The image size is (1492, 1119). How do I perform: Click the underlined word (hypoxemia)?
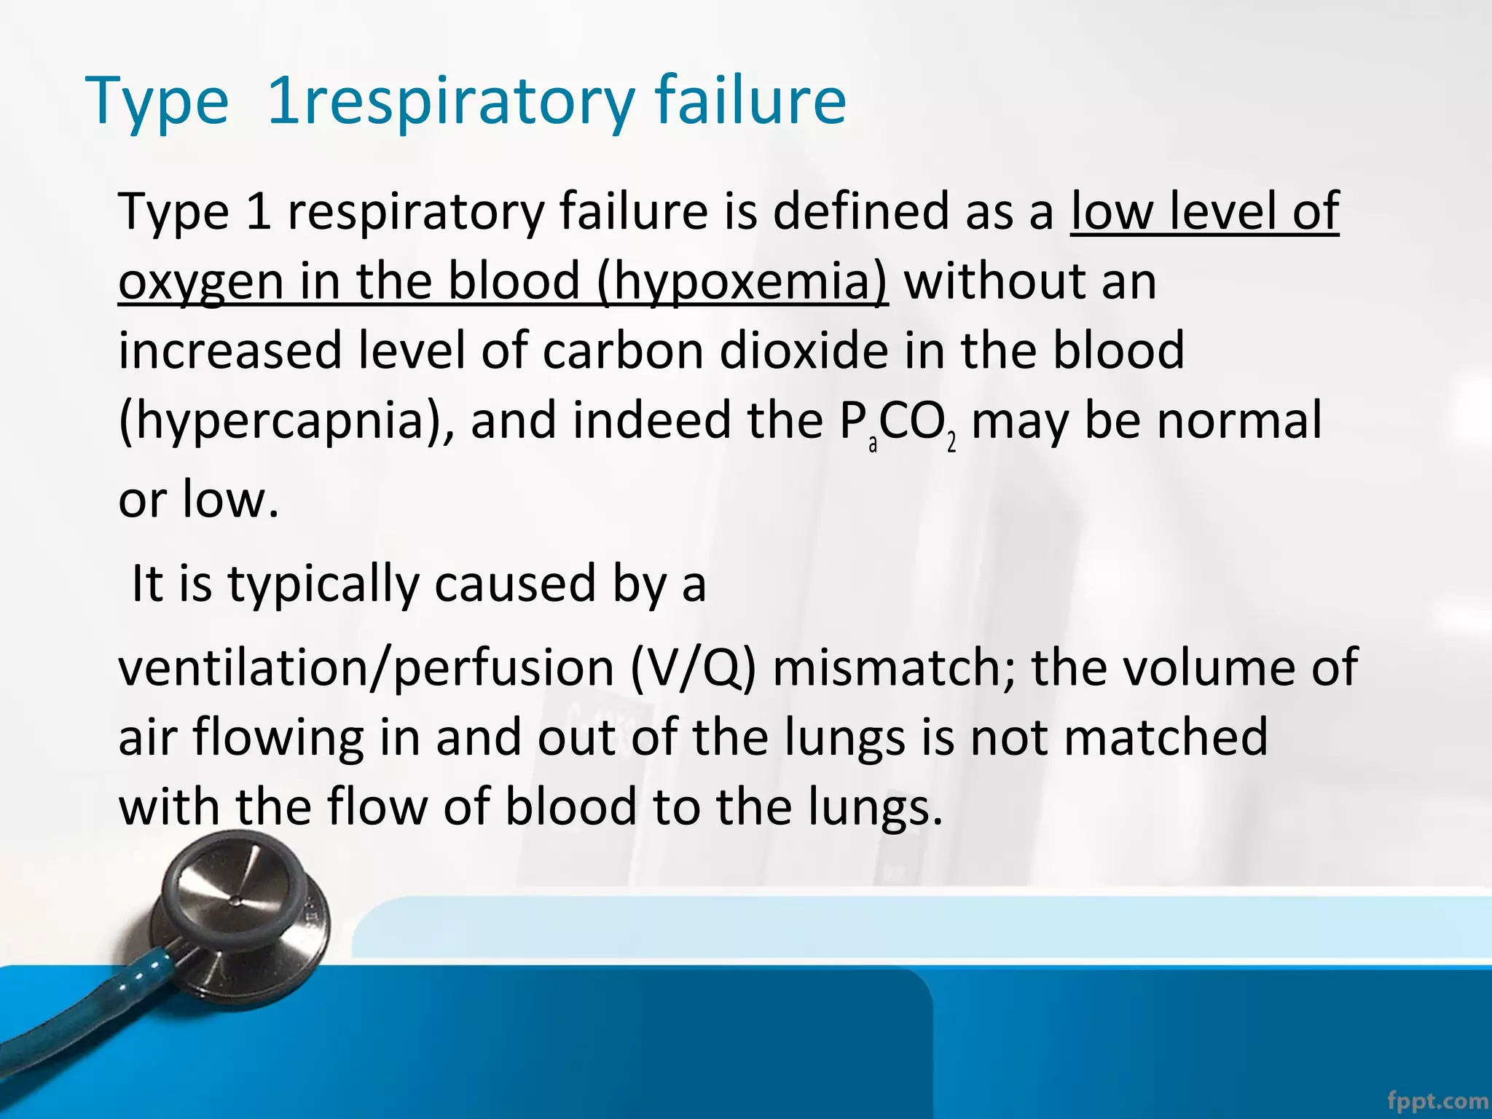(x=742, y=282)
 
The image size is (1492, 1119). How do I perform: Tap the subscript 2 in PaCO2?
(x=951, y=443)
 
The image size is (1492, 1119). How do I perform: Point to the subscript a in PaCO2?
(x=873, y=444)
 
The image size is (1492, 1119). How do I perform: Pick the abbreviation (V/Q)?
(x=692, y=667)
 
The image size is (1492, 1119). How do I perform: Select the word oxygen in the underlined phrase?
(x=200, y=282)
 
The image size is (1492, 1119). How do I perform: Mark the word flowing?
(x=277, y=737)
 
